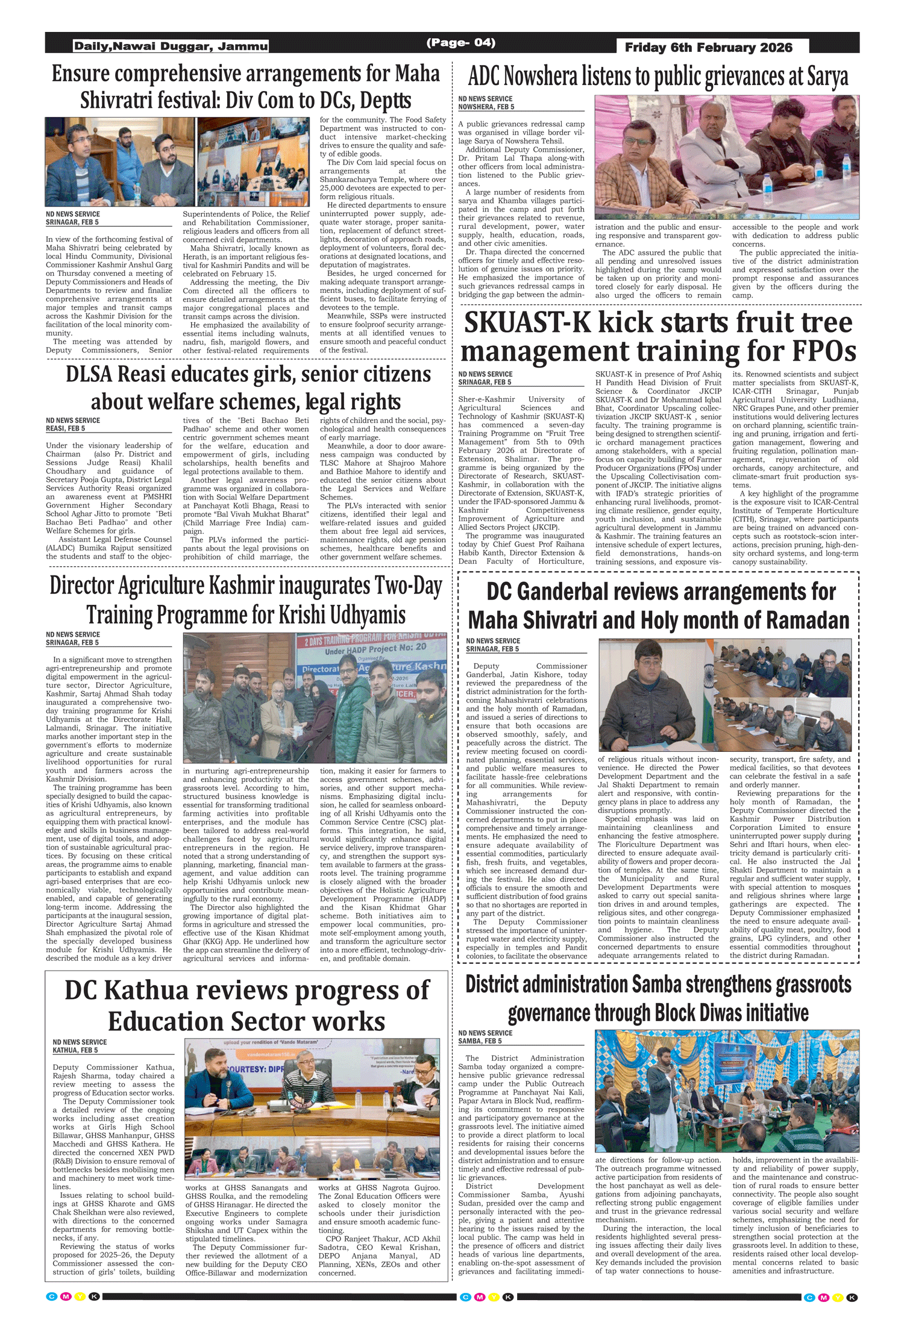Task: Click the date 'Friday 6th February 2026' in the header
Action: [708, 48]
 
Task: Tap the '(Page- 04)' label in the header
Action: [461, 42]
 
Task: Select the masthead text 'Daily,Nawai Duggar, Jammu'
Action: [171, 46]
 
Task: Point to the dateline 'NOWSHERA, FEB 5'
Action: [486, 107]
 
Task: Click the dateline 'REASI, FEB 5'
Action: [65, 428]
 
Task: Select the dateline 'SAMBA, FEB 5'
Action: [480, 1041]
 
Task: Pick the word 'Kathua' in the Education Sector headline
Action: [143, 990]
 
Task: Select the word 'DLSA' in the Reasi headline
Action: [89, 374]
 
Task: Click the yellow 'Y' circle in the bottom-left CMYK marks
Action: [80, 1296]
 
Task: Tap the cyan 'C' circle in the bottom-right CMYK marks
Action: [809, 1297]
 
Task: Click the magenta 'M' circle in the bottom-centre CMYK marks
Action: [480, 1296]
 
